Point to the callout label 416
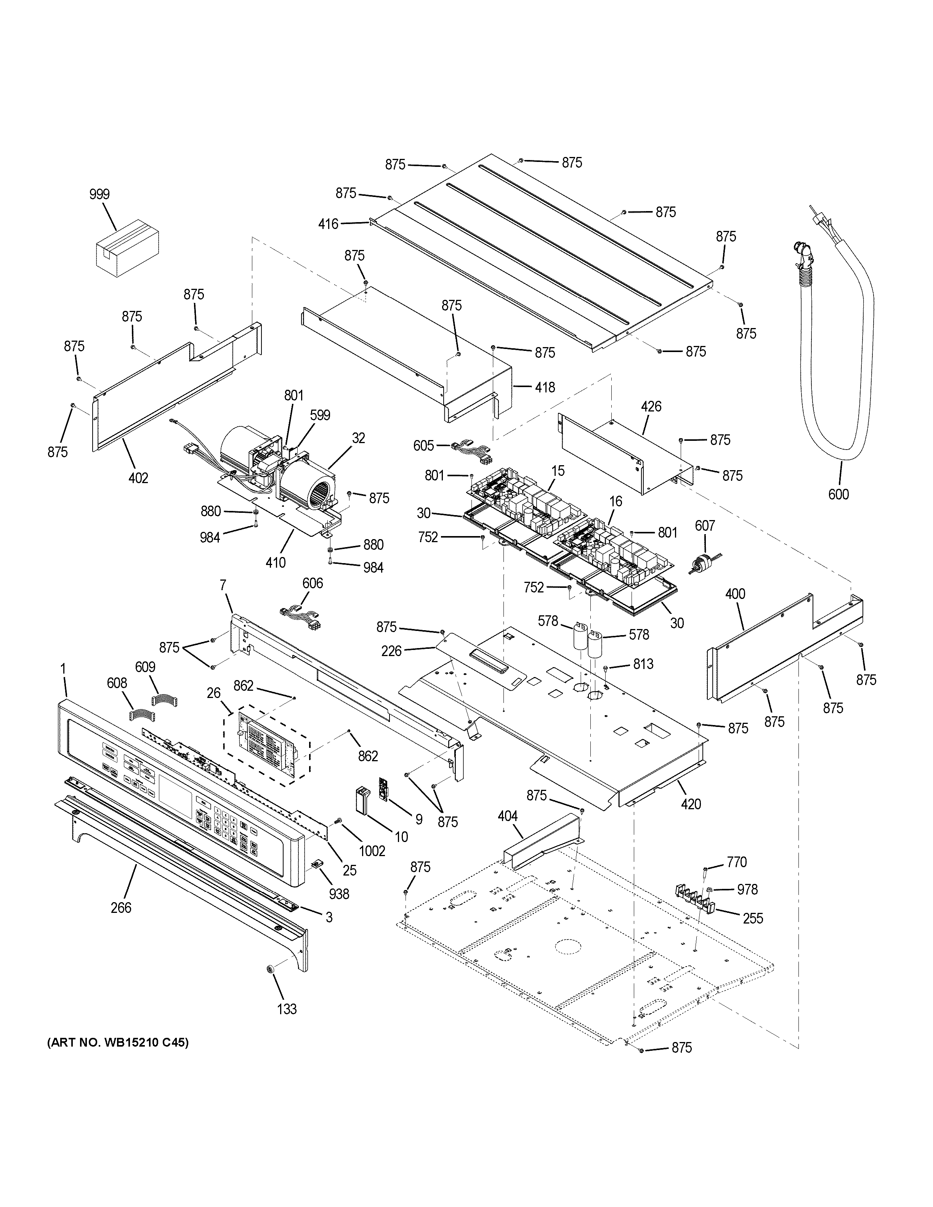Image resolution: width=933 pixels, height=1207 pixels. click(328, 224)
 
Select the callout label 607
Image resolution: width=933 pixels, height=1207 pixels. click(705, 525)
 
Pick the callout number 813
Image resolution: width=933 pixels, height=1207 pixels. click(643, 664)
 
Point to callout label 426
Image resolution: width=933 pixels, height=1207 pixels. click(651, 407)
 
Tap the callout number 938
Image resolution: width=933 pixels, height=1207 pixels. click(339, 894)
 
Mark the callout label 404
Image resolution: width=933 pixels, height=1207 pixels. click(507, 816)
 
